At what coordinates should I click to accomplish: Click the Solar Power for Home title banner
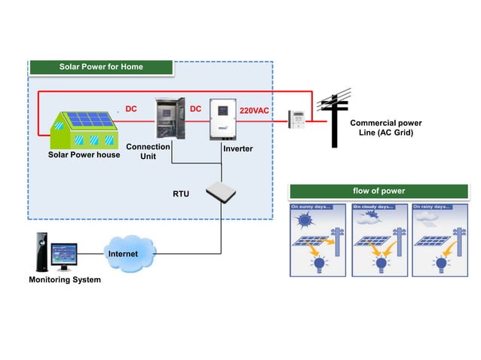(101, 67)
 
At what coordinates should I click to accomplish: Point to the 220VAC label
(254, 111)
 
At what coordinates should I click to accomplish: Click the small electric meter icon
(298, 118)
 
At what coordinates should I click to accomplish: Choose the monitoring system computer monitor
(62, 256)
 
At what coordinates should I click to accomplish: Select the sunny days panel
(317, 239)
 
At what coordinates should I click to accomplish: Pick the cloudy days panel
(378, 239)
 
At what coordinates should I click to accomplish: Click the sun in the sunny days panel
(306, 221)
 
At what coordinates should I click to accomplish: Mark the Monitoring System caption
(64, 280)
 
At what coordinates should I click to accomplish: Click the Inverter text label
(237, 149)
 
